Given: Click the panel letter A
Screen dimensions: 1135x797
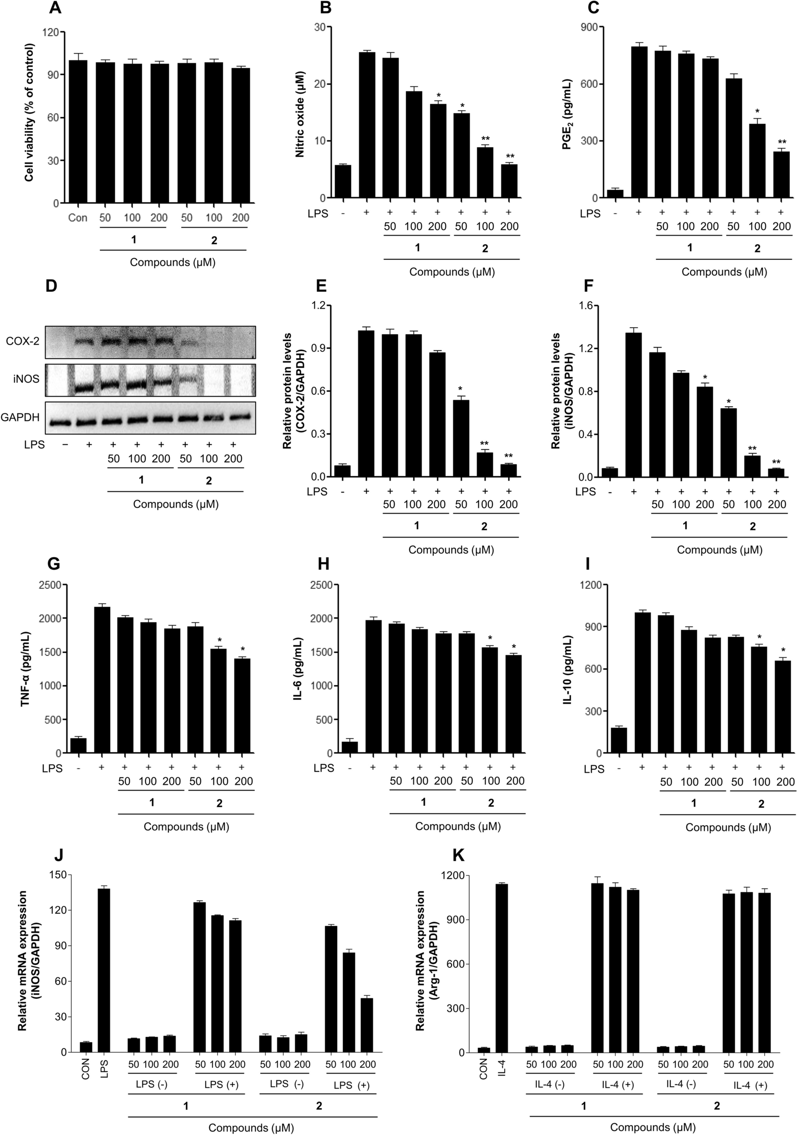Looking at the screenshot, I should (x=55, y=8).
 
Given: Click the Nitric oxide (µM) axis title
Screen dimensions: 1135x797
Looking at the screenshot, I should (x=300, y=114).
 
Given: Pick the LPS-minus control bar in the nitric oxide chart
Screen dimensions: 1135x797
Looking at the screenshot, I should (x=343, y=181).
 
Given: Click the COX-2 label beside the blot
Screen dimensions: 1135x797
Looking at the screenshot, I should (x=23, y=341).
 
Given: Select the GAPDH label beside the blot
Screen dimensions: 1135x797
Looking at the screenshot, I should (x=20, y=417).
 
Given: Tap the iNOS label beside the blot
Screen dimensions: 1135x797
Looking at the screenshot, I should (x=27, y=379).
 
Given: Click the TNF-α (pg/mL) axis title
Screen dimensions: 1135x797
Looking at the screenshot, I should (x=25, y=669).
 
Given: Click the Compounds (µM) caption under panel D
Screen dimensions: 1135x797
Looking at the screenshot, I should (x=176, y=504).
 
